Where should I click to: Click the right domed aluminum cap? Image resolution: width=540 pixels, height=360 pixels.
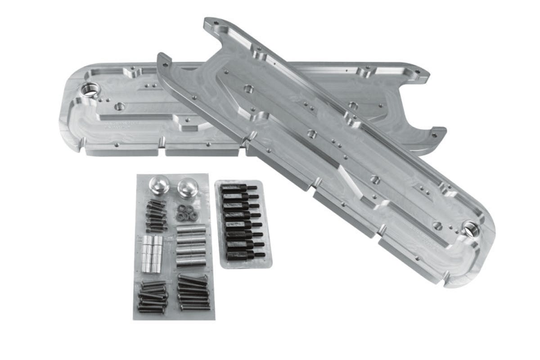pyautogui.click(x=187, y=188)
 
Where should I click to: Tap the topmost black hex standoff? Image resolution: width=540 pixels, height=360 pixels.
pyautogui.click(x=238, y=188)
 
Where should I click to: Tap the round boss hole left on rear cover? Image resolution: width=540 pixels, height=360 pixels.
pyautogui.click(x=119, y=107)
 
